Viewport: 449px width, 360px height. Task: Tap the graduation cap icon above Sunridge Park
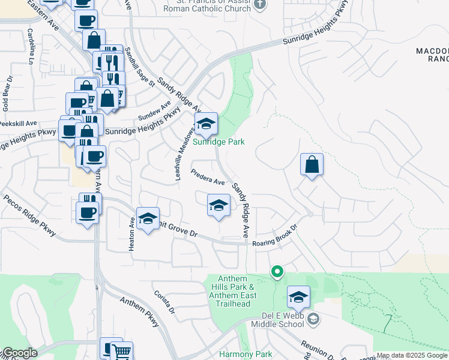(x=206, y=124)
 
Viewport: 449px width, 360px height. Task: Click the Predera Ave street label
(x=208, y=177)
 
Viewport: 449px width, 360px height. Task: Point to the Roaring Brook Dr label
(x=275, y=235)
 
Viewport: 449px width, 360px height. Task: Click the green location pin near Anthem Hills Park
(x=277, y=272)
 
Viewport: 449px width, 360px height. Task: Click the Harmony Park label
(x=246, y=354)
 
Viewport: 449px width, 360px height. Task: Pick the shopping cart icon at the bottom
(x=122, y=352)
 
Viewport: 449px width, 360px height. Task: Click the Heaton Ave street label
(x=132, y=234)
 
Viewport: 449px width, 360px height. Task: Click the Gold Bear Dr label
(x=7, y=94)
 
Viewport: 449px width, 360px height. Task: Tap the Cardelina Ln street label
(x=29, y=46)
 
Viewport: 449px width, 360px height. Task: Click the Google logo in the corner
(x=19, y=353)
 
